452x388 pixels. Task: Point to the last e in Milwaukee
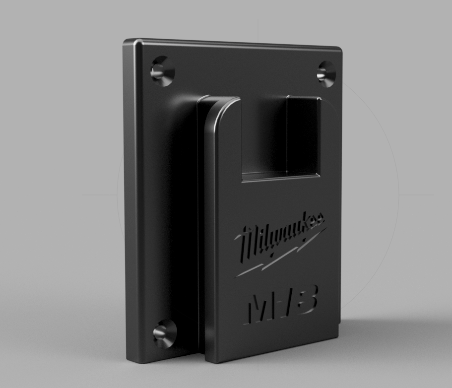[320, 219]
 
